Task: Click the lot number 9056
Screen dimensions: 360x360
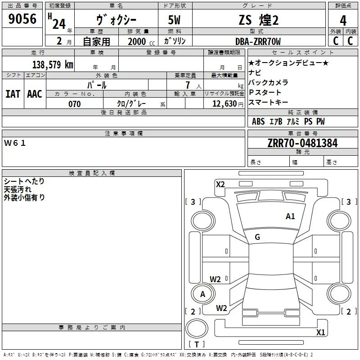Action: pyautogui.click(x=22, y=18)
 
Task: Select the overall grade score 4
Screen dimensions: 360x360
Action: pyautogui.click(x=343, y=20)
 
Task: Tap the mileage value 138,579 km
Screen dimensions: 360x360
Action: pyautogui.click(x=53, y=64)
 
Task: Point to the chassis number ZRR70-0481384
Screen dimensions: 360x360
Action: pyautogui.click(x=302, y=143)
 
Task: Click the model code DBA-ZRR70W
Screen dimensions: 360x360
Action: pyautogui.click(x=258, y=41)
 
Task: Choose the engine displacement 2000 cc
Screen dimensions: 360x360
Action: pyautogui.click(x=141, y=41)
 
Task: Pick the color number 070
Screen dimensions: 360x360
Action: pyautogui.click(x=74, y=104)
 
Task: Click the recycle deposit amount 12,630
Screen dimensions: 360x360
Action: pyautogui.click(x=225, y=103)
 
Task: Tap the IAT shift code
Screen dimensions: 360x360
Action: pyautogui.click(x=13, y=94)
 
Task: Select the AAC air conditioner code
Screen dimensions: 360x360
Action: pyautogui.click(x=35, y=94)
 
